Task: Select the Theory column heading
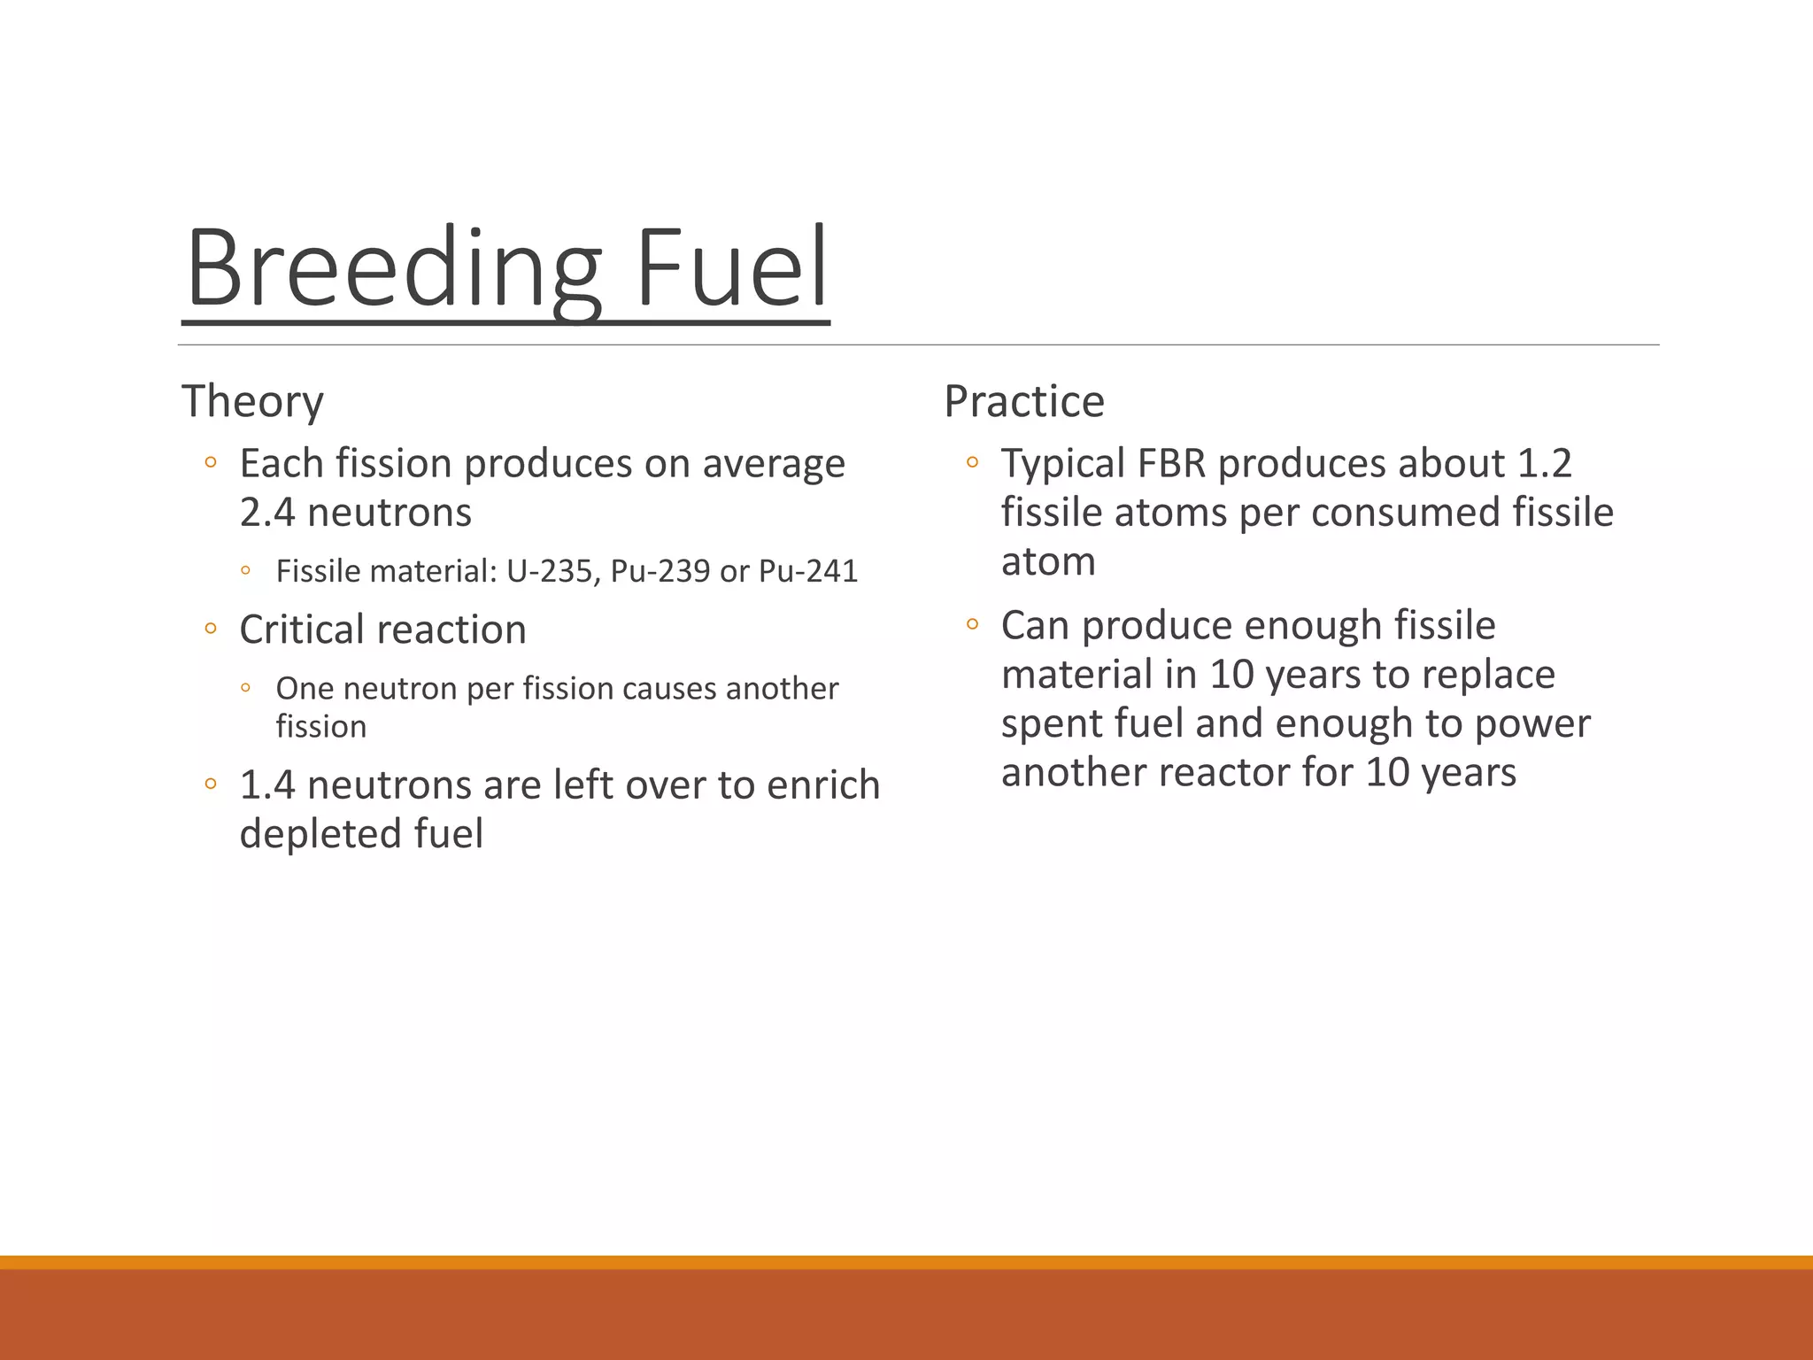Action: pyautogui.click(x=252, y=401)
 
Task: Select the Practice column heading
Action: pyautogui.click(x=1024, y=401)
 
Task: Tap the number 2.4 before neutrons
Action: pyautogui.click(x=267, y=513)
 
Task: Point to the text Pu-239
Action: pyautogui.click(x=660, y=571)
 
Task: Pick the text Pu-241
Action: pyautogui.click(x=808, y=571)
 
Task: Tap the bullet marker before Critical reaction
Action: pyautogui.click(x=210, y=629)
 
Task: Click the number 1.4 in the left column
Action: pyautogui.click(x=267, y=785)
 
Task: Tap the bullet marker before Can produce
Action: pyautogui.click(x=972, y=624)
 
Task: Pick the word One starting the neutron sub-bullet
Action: pyautogui.click(x=304, y=688)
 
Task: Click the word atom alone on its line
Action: pyautogui.click(x=1048, y=562)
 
